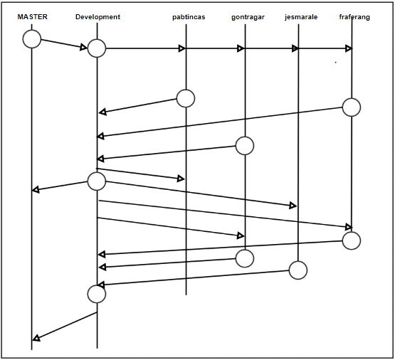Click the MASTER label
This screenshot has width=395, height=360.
point(32,17)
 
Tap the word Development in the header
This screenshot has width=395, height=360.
point(98,17)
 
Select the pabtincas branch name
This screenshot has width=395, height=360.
point(189,17)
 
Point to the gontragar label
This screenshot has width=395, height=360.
point(248,17)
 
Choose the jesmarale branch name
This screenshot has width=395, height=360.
point(301,17)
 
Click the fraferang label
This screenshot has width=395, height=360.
point(354,17)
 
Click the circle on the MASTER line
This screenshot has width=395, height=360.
point(32,39)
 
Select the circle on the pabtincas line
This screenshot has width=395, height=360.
point(186,98)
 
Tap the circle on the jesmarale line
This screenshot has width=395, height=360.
point(298,270)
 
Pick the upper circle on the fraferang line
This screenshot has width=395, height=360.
point(352,107)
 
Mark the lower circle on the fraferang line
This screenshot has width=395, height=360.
point(352,240)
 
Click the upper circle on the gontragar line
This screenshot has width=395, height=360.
point(245,146)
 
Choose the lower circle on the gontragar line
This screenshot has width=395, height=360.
point(245,258)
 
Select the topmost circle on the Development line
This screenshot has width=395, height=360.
point(97,48)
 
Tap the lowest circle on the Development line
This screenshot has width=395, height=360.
point(97,294)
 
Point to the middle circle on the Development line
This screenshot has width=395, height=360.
point(97,181)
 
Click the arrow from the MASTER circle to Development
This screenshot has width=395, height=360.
point(64,44)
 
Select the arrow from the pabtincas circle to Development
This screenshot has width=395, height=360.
point(138,106)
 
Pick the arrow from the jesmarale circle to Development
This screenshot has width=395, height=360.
point(193,278)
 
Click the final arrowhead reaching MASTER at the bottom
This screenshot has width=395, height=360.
point(36,339)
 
